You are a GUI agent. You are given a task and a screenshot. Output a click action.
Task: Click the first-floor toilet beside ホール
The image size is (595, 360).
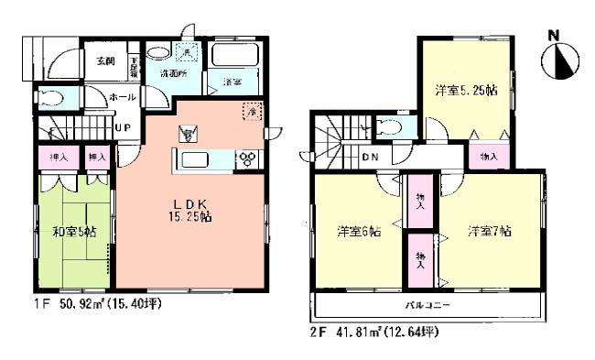click(51, 98)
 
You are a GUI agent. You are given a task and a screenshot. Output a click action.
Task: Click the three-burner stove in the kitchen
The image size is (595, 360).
click(248, 158)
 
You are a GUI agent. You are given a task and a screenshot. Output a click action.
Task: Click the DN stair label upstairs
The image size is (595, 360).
click(370, 157)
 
